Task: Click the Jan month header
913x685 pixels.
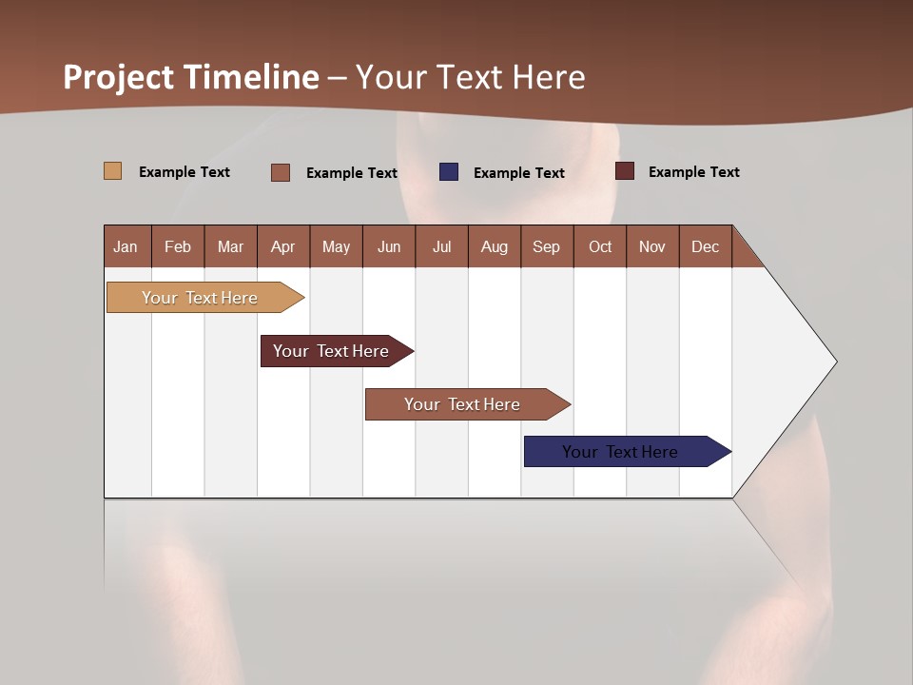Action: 126,246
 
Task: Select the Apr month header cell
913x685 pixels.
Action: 283,246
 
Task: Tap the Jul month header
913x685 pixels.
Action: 441,246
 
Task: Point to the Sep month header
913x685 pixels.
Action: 546,246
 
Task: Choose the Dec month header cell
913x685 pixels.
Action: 705,246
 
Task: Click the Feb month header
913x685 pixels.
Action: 178,246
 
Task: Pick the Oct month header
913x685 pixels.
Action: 600,246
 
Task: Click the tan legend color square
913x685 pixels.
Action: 112,171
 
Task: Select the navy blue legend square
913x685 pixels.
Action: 449,172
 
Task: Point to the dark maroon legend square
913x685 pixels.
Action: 625,171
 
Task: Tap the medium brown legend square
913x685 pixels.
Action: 281,172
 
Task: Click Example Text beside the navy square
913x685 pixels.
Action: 519,173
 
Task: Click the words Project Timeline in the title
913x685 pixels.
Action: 191,77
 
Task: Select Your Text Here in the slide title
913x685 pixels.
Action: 471,77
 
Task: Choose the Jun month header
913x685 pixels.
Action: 389,246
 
